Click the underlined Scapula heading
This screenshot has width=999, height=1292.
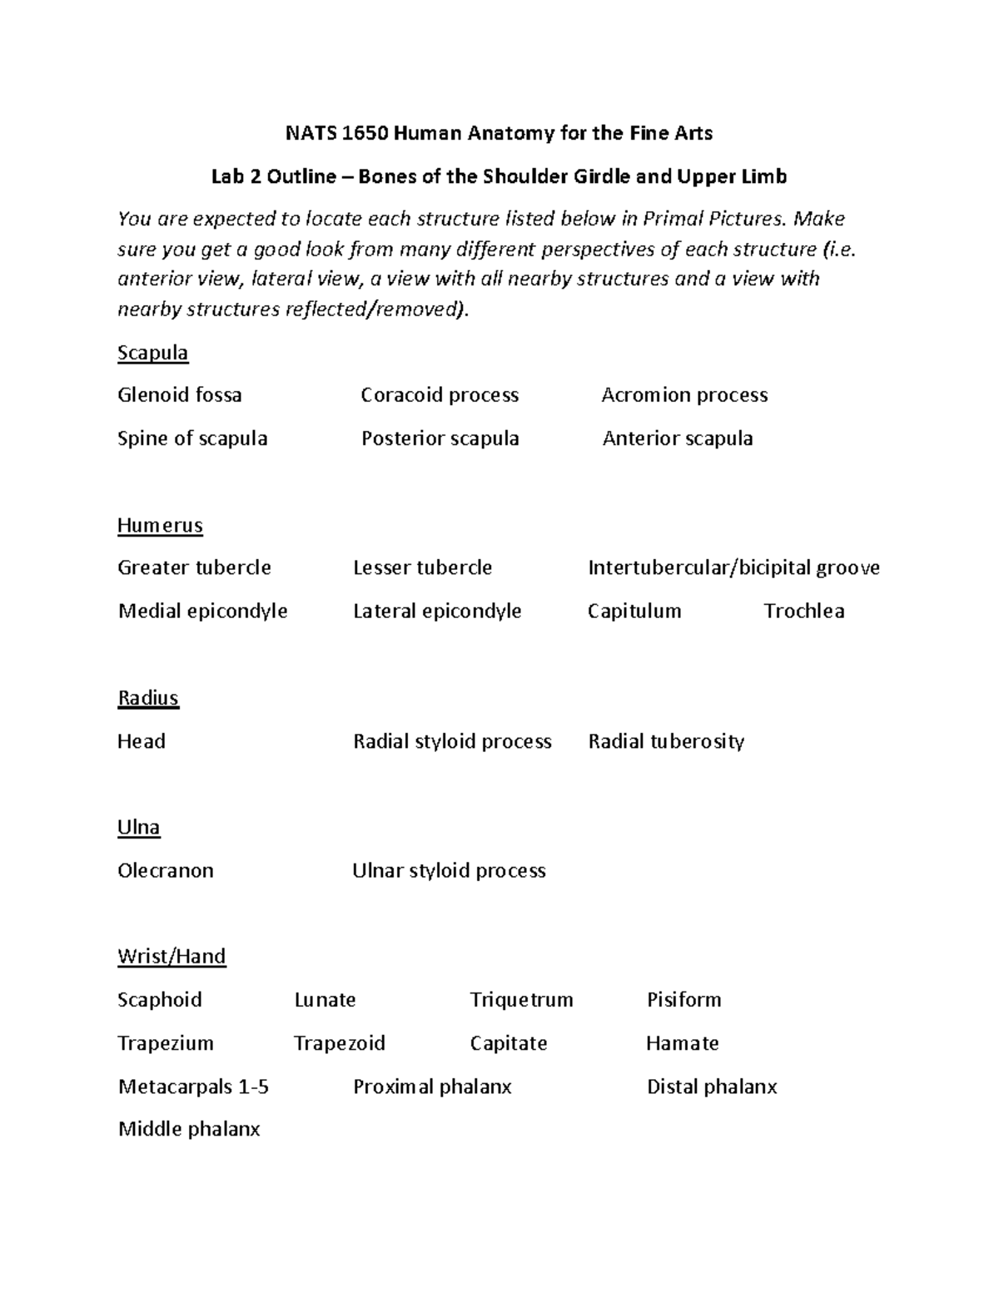click(152, 353)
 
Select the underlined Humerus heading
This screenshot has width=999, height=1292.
click(160, 526)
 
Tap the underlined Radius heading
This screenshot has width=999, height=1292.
click(148, 698)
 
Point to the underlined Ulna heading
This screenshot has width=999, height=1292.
click(139, 828)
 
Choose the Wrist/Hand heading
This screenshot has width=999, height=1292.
click(171, 957)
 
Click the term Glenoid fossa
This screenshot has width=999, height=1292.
click(180, 395)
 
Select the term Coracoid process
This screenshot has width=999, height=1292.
click(440, 395)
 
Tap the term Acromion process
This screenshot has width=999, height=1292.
click(684, 395)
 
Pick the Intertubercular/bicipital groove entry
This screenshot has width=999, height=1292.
click(733, 568)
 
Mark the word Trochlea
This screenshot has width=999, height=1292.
click(804, 611)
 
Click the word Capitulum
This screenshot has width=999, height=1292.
click(634, 611)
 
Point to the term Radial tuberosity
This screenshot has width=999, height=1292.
click(666, 741)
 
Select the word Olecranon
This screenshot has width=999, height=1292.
click(166, 871)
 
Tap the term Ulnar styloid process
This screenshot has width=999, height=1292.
click(449, 871)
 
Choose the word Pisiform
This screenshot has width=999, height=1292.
click(683, 1000)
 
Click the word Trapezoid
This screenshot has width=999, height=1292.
click(340, 1043)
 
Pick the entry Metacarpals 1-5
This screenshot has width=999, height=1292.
click(193, 1087)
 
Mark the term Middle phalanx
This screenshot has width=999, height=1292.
click(189, 1129)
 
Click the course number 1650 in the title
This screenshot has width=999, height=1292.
click(366, 133)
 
